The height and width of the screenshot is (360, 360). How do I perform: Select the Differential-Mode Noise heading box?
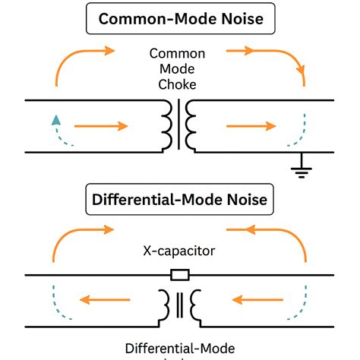[180, 201]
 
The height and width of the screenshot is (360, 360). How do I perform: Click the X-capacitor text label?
[179, 249]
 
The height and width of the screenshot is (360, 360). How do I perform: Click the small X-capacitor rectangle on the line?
[180, 274]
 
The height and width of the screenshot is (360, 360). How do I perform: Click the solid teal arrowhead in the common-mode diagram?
[55, 118]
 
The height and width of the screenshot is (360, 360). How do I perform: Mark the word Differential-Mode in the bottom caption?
[179, 349]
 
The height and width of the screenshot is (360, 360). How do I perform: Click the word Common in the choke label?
[179, 54]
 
